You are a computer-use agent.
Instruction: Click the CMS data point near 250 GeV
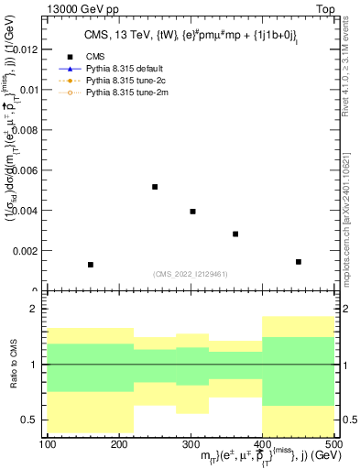pos(155,187)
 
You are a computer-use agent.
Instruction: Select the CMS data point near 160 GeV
pos(91,265)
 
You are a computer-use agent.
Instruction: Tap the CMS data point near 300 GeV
pos(192,212)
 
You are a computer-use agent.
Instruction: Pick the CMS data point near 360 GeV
pos(235,234)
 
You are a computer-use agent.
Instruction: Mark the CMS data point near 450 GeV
pos(299,262)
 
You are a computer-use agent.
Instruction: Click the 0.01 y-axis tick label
pos(28,90)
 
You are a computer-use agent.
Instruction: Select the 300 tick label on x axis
pos(191,444)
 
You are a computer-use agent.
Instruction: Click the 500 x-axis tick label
pos(333,444)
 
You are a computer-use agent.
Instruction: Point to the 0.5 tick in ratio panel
pos(32,420)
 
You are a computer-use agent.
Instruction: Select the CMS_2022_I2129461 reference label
pos(190,273)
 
